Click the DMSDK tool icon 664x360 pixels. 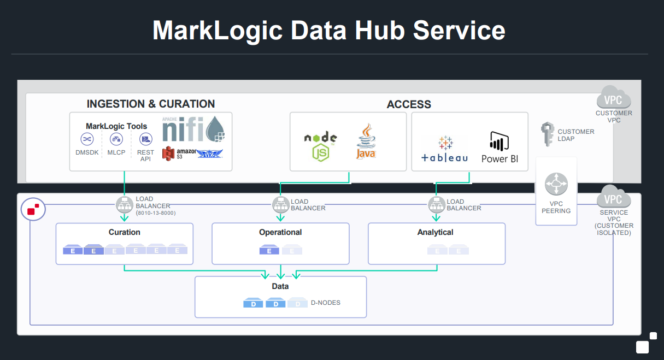click(x=87, y=139)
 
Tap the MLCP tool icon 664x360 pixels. click(x=116, y=139)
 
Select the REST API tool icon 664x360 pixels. click(x=145, y=139)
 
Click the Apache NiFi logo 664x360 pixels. click(x=193, y=129)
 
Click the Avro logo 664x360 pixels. click(x=209, y=154)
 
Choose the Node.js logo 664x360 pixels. click(x=320, y=146)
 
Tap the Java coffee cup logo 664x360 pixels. click(x=366, y=141)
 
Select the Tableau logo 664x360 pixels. click(x=444, y=149)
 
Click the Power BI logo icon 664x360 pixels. click(x=499, y=141)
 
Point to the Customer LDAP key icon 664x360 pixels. click(x=548, y=134)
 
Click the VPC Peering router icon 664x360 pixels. click(x=556, y=184)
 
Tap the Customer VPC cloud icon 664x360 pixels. click(x=614, y=97)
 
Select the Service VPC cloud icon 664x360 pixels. click(x=614, y=197)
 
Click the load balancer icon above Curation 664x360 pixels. click(x=125, y=204)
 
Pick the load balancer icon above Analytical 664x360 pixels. click(x=436, y=204)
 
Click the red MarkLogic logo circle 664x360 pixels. click(x=33, y=209)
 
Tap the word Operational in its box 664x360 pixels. click(x=280, y=232)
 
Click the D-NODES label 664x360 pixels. click(x=326, y=303)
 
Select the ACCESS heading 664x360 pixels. click(x=409, y=104)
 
